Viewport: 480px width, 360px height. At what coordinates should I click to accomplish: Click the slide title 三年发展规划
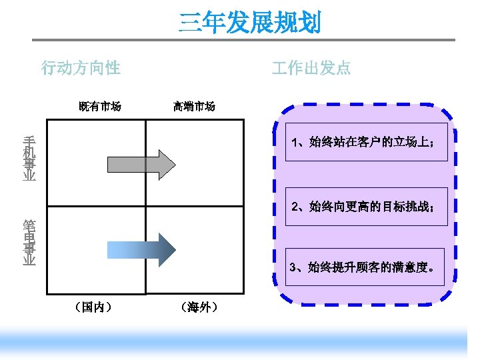250,23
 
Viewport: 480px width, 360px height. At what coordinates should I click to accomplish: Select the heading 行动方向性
81,68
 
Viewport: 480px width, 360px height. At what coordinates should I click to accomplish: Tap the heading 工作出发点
311,68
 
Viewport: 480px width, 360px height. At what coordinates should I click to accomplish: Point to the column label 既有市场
100,106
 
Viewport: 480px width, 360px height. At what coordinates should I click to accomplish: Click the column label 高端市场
194,106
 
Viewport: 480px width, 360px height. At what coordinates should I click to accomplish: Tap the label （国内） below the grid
94,307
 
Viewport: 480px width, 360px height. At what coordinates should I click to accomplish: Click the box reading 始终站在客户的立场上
366,142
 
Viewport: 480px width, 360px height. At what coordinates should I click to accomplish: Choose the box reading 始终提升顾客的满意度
365,267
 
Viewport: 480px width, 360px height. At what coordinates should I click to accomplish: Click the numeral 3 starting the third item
293,268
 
